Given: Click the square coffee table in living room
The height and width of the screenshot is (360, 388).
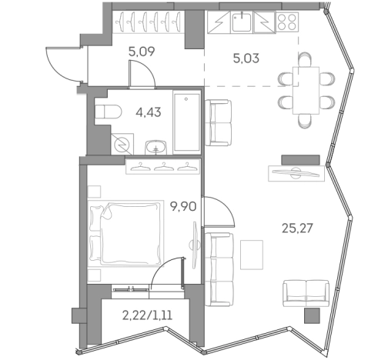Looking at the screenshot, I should (x=251, y=251).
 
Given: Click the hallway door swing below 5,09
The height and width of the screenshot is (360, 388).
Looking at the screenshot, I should (x=142, y=72).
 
